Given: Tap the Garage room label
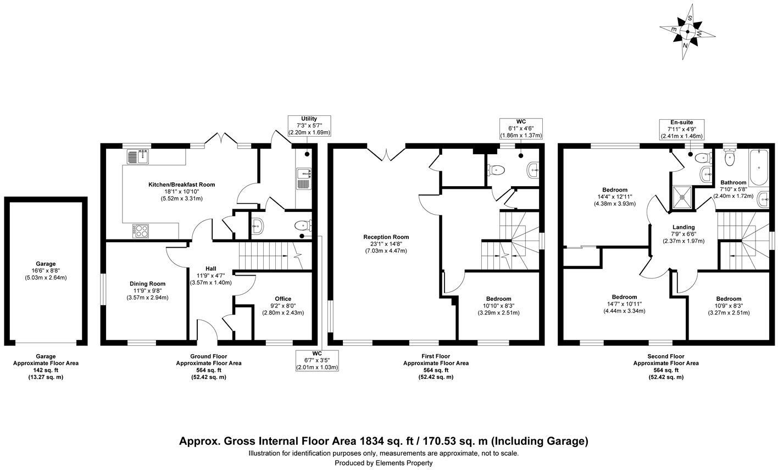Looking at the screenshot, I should (46, 264).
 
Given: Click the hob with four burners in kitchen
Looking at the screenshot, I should (141, 231).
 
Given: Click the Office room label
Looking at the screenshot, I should (283, 299).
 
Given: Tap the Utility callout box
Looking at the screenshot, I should (309, 126).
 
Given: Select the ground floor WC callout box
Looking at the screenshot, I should (317, 360).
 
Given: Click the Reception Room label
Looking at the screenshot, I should (386, 237).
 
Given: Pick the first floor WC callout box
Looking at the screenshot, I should (521, 128).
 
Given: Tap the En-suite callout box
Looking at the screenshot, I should (681, 129).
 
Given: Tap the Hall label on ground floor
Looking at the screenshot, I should (210, 268).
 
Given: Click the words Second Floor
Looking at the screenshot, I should (665, 356).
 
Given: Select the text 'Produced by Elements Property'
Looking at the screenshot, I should (384, 463).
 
